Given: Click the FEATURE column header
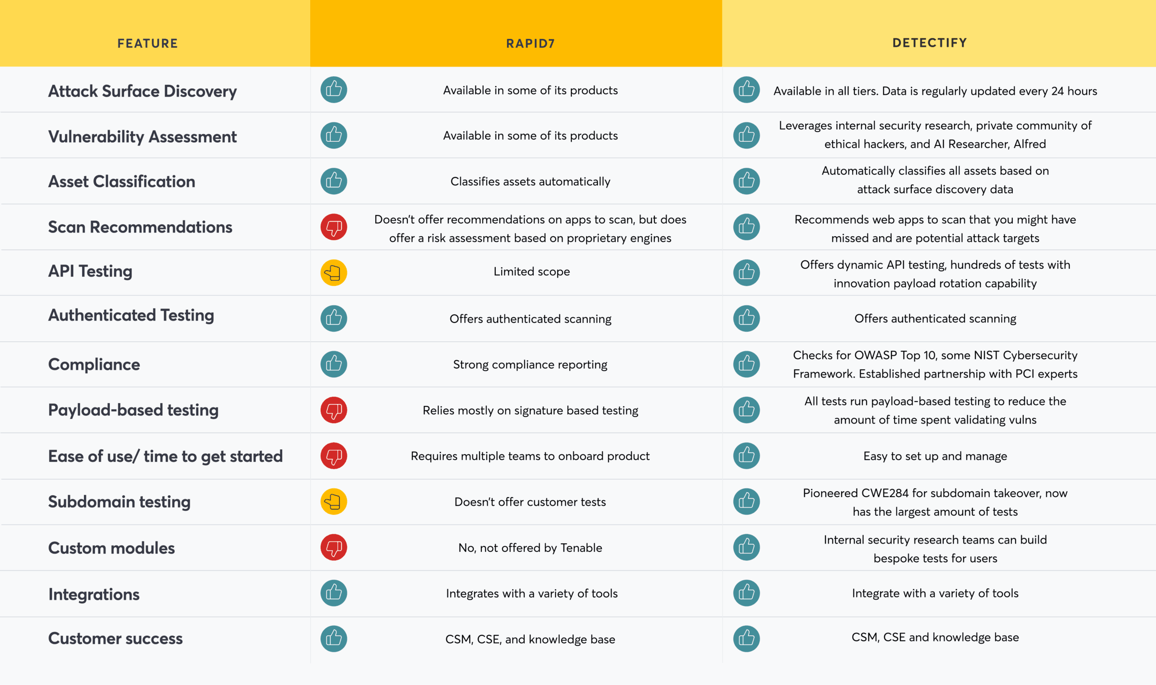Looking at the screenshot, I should (147, 43).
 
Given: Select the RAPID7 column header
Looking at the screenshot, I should (530, 43).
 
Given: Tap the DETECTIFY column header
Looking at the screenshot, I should (929, 43).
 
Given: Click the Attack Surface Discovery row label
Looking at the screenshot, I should (142, 91).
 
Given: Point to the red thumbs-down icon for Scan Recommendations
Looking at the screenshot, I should (334, 227).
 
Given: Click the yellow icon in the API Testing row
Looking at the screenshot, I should (334, 273).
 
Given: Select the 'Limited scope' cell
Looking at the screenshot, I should (531, 271).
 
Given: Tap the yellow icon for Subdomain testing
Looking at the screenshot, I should (334, 501).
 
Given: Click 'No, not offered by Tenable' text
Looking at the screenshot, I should (530, 547).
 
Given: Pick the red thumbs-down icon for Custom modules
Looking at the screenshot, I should (334, 547).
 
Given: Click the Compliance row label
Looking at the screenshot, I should (93, 364).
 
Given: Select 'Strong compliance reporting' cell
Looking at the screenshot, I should (530, 365).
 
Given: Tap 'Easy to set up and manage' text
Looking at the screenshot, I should (935, 456).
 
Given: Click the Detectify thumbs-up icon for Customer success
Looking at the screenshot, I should (746, 638).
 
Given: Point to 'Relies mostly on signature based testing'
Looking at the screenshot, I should (530, 410).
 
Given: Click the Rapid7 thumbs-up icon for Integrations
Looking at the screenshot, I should (334, 593).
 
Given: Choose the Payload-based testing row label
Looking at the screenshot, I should (133, 410).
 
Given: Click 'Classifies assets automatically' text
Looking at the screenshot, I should (530, 182).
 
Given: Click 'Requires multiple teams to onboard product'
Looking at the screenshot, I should (530, 456).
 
